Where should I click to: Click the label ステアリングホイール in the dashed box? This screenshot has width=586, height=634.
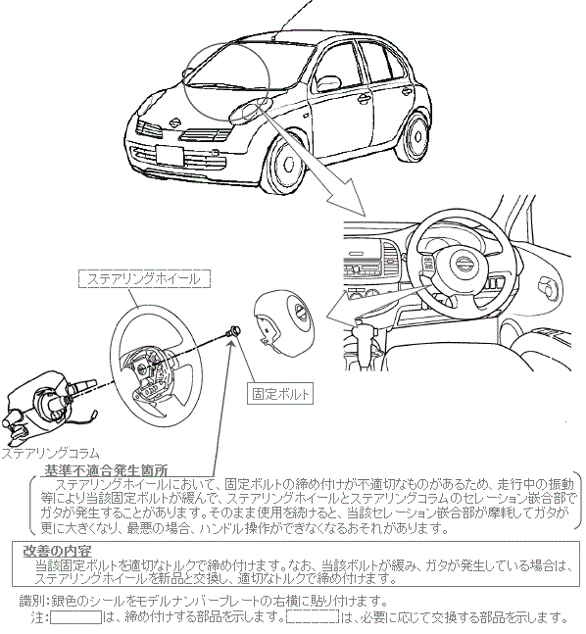pos(144,279)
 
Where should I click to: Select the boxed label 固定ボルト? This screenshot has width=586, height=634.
pos(280,393)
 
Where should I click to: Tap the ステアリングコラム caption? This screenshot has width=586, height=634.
pos(50,453)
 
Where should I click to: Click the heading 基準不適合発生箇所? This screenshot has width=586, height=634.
pos(106,470)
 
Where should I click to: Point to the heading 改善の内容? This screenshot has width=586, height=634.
pos(58,551)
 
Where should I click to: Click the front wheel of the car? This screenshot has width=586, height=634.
pos(284,164)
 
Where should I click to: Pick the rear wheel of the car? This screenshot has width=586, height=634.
pos(415,135)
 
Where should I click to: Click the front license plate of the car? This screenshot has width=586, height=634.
pos(170,156)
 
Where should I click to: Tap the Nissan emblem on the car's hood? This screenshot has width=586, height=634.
pos(175,122)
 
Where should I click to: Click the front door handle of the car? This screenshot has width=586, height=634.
pos(363,98)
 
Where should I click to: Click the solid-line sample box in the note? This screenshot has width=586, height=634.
pos(76,617)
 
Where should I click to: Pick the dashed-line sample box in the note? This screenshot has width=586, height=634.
pos(313,617)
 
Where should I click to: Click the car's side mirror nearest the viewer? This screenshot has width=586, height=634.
pos(246,113)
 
